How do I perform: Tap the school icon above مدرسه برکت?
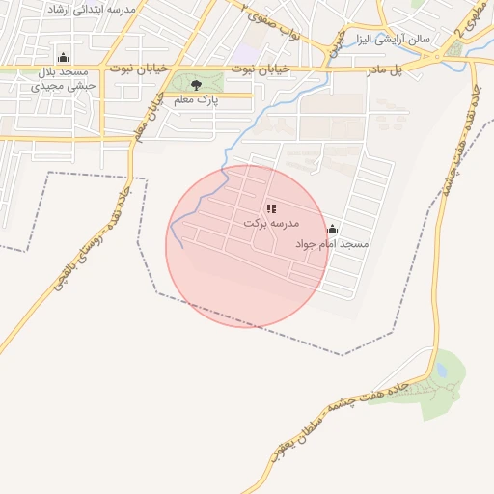271,208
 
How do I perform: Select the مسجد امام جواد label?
333,244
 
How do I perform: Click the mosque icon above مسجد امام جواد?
333,230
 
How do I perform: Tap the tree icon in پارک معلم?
196,85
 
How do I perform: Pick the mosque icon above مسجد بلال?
64,57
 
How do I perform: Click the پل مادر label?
382,69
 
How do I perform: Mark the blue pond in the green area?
441,369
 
